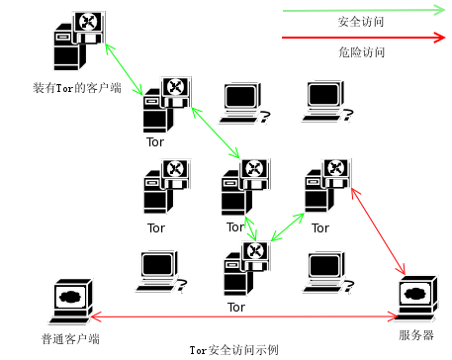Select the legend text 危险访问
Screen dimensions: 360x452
pyautogui.click(x=360, y=51)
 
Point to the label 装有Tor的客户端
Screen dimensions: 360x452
pyautogui.click(x=76, y=88)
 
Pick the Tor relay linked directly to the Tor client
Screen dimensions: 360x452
pyautogui.click(x=164, y=105)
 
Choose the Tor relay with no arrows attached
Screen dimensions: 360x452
pyautogui.click(x=164, y=189)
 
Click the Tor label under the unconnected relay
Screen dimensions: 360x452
pyautogui.click(x=155, y=226)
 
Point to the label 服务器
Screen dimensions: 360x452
pyautogui.click(x=416, y=334)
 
